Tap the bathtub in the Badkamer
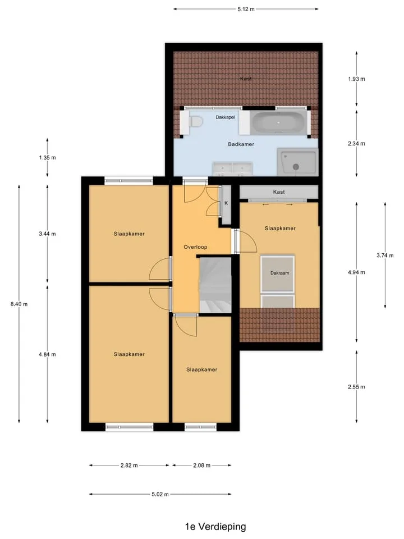(x=279, y=122)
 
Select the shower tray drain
(x=296, y=167)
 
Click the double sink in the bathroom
(x=232, y=169)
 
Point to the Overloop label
(x=195, y=247)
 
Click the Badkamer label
(x=241, y=144)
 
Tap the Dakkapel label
(x=226, y=117)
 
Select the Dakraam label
(x=279, y=273)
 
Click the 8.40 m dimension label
(x=19, y=304)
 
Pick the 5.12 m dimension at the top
(x=246, y=9)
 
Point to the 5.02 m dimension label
(x=160, y=494)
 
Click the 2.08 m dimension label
(x=201, y=465)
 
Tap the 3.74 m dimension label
(x=385, y=255)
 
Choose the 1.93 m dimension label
(x=357, y=79)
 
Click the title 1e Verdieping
(x=215, y=527)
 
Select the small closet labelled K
(x=226, y=205)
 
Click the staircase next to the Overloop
(x=215, y=285)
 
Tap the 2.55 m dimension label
(x=357, y=387)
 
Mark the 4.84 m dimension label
(x=47, y=354)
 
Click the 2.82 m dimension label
(x=129, y=465)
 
